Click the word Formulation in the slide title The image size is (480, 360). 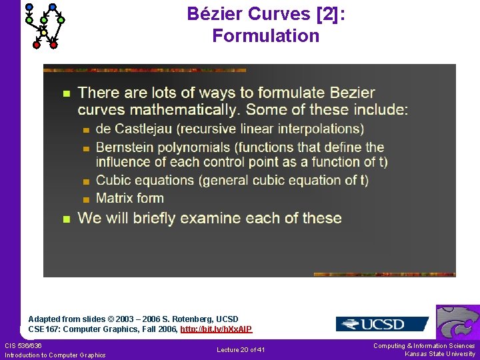point(265,36)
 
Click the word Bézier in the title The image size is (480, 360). point(215,13)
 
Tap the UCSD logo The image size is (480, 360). point(381,324)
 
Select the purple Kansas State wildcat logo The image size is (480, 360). point(458,323)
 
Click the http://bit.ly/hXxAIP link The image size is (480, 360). point(216,329)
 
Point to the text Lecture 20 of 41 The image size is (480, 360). point(241,350)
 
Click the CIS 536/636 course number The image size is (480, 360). point(23,345)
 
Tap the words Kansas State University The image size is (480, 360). point(440,354)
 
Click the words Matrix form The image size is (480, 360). point(130,198)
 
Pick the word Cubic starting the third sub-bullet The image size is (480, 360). point(113,180)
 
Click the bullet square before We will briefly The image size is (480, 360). point(65,219)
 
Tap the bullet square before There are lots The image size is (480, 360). point(65,93)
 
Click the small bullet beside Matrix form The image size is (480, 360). point(85,199)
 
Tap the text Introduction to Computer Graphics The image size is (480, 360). point(55,355)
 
